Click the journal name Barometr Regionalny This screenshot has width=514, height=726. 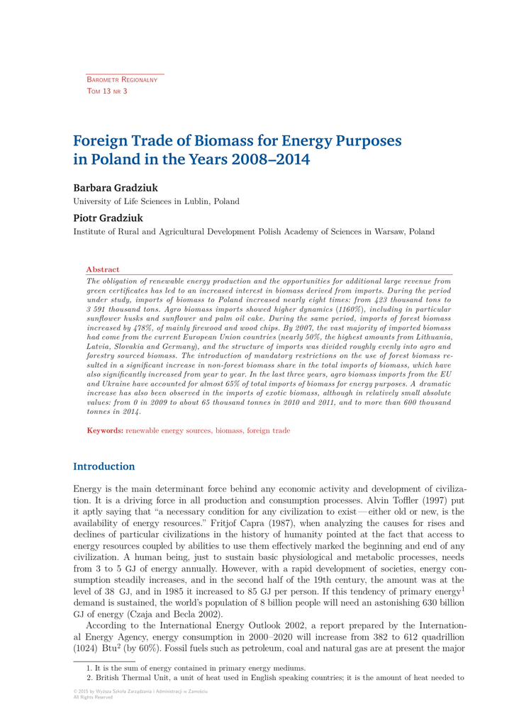point(121,79)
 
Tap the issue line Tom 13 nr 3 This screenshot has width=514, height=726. point(106,91)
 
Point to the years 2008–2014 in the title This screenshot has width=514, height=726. point(271,160)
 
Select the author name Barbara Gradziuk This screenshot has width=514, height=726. point(116,188)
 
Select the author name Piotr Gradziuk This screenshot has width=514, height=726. point(108,218)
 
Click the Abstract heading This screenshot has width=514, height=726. point(103,269)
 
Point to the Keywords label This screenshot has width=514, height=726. point(105,430)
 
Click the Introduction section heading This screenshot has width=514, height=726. point(104,467)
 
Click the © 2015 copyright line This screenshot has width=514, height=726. point(140,691)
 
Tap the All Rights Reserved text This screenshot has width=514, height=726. point(93,697)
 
